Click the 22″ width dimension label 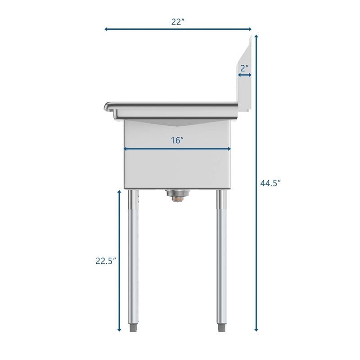click(x=178, y=21)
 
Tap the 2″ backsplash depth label click(x=245, y=68)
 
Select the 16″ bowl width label click(x=177, y=140)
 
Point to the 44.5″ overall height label click(x=270, y=183)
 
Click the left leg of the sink click(x=134, y=256)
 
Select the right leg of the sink click(x=220, y=256)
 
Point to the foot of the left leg click(x=134, y=327)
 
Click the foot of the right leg click(x=220, y=327)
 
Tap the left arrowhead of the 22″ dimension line click(x=107, y=29)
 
